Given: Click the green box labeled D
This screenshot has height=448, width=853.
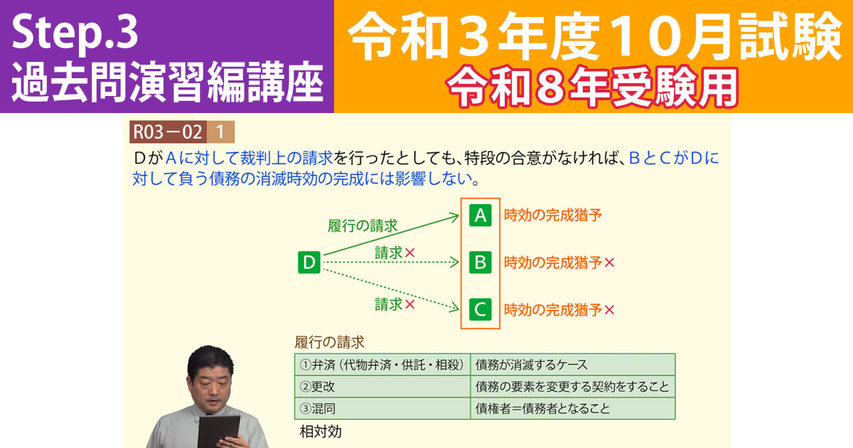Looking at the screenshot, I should [x=309, y=262].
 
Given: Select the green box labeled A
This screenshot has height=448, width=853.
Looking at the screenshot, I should [x=481, y=215].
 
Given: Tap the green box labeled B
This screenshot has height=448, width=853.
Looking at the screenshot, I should [x=481, y=262].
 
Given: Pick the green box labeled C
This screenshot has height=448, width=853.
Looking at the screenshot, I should [x=481, y=309].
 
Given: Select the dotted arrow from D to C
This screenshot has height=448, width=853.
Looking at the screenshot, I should [x=391, y=286].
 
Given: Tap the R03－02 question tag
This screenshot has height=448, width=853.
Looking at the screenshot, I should [x=168, y=132].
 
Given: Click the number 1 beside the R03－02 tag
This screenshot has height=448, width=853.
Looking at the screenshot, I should [x=220, y=132].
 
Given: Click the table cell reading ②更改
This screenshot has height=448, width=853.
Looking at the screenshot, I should [x=382, y=387].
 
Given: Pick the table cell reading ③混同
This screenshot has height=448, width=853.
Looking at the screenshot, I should [x=382, y=409].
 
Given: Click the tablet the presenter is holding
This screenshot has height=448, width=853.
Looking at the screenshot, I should [x=218, y=432].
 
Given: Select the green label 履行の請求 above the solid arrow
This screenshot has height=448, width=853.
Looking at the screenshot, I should [x=363, y=226].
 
